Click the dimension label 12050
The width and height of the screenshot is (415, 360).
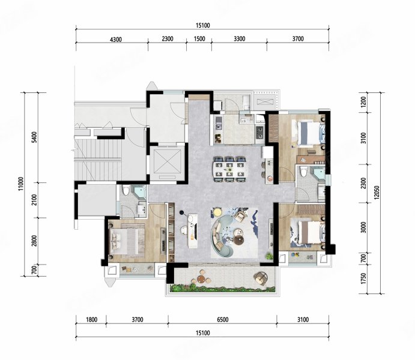coord(377,193)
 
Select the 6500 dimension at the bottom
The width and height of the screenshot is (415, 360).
coord(223,320)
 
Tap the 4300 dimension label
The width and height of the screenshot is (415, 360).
coord(116,40)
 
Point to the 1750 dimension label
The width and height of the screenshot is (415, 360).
coord(364,279)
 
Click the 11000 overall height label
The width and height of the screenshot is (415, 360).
coord(21,184)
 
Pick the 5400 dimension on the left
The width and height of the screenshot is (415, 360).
coord(34,137)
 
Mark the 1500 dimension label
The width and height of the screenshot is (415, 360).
coord(199,39)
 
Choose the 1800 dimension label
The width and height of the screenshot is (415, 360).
coord(91,320)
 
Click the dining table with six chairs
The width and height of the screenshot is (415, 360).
coord(230,169)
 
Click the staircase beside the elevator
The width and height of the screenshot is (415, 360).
coord(98,160)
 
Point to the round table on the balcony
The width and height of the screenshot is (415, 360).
coord(201,278)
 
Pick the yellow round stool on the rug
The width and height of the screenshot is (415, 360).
coord(217,212)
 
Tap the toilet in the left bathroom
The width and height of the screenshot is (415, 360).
coord(126,190)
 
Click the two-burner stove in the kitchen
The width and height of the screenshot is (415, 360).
coord(260,133)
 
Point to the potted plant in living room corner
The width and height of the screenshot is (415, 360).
coord(269,256)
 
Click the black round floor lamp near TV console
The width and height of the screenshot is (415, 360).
coord(181,212)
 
